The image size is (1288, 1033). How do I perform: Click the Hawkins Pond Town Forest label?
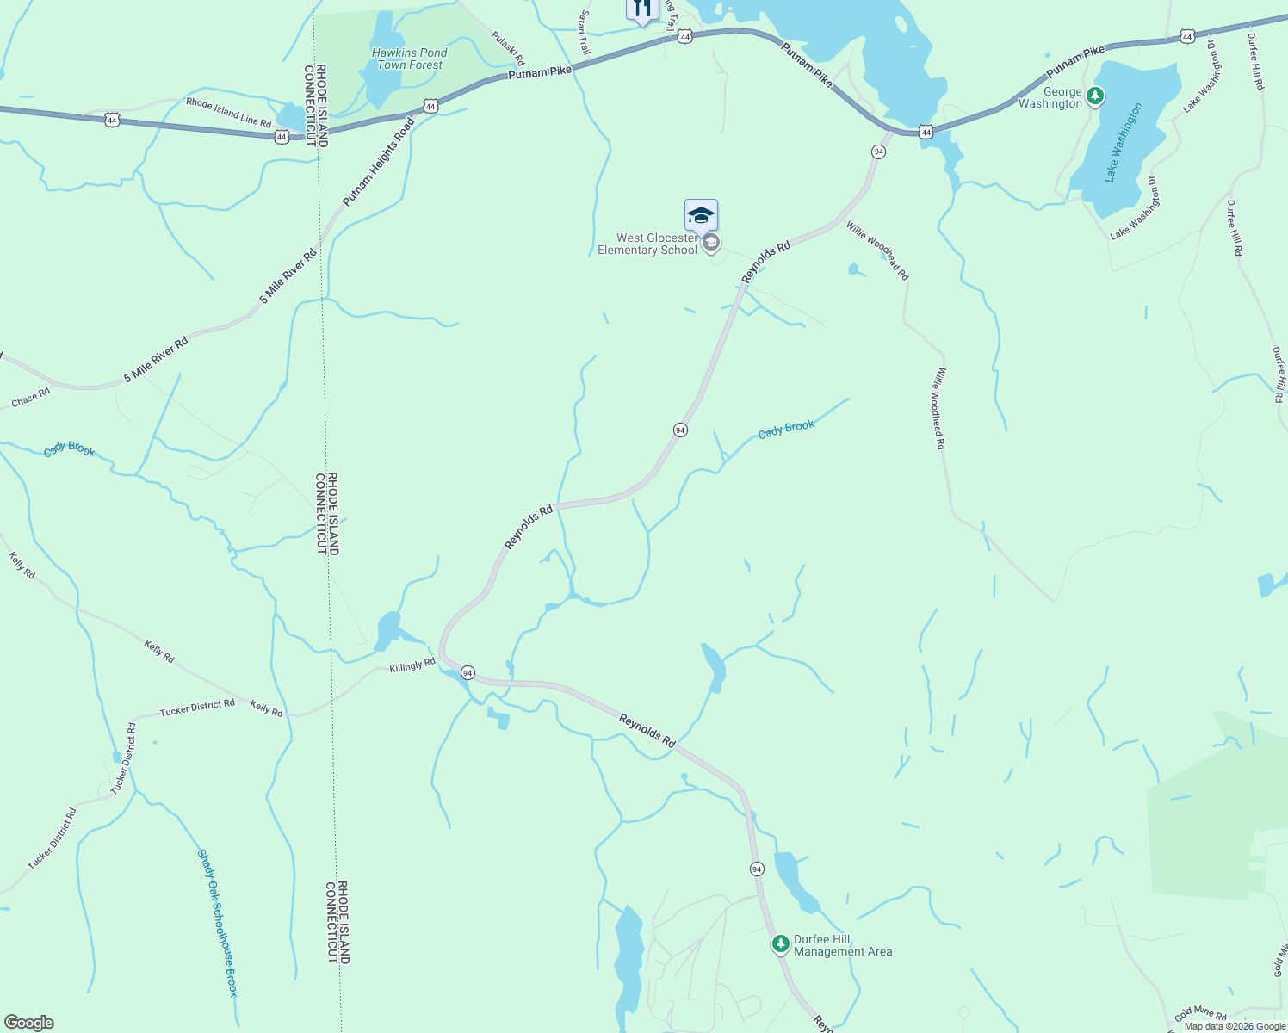point(410,59)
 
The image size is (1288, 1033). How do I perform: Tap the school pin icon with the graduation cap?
point(701,215)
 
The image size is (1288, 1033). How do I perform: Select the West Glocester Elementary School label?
point(647,244)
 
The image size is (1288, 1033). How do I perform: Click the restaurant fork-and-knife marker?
point(641,9)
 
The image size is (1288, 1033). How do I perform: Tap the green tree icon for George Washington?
point(1095,96)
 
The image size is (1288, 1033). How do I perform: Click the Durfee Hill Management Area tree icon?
point(780,944)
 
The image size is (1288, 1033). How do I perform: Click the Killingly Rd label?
point(412,665)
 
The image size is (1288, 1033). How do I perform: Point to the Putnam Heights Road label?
point(379,161)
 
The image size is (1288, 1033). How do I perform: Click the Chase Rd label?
point(31,398)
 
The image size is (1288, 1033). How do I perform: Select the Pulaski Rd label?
point(507,48)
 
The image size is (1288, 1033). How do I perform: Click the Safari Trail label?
point(585,33)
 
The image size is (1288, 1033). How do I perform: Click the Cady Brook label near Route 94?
point(785,429)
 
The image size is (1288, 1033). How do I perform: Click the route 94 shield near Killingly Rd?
point(467,672)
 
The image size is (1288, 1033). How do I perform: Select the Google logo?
point(28,1023)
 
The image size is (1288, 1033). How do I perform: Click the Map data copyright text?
point(1234,1026)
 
